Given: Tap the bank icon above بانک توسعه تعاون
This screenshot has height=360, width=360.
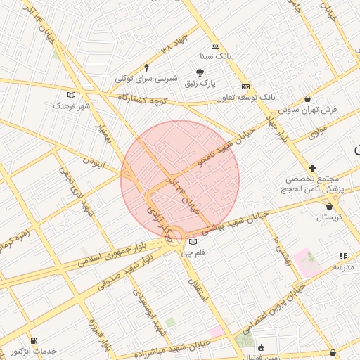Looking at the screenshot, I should pos(245,86).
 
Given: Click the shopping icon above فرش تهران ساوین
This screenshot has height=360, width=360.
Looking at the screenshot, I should pos(308,99).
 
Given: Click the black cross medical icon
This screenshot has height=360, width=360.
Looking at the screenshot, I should pos(313,168).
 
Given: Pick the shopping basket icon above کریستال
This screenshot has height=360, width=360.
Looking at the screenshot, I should pos(330,206).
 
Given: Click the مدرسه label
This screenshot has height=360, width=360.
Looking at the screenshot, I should pos(343,268).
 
